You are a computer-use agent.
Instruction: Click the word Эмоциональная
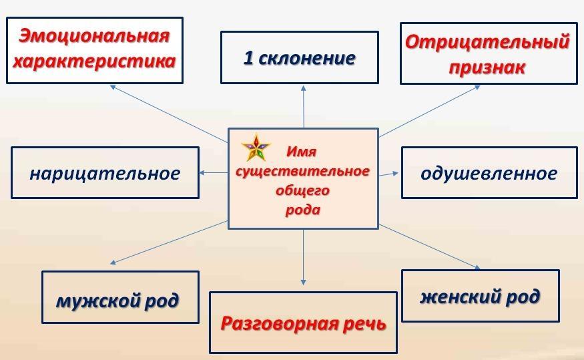[94, 37]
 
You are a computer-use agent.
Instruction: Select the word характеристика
[94, 61]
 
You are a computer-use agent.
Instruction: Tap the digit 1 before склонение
[248, 57]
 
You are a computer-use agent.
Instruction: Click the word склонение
[307, 59]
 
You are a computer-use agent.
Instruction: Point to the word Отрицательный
[487, 41]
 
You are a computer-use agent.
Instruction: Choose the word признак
[487, 67]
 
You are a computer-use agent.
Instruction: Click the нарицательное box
[105, 172]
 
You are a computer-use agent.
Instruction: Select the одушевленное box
[489, 172]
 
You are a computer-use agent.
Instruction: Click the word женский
[459, 297]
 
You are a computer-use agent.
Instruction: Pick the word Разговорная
[279, 323]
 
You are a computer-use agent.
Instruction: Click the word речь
[364, 323]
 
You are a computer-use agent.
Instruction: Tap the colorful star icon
[256, 148]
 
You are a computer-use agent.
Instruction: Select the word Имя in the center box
[301, 152]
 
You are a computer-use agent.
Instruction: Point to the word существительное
[302, 171]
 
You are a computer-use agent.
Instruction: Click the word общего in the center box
[302, 190]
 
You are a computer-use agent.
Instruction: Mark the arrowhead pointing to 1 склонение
[304, 88]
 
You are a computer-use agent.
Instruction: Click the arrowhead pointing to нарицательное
[202, 172]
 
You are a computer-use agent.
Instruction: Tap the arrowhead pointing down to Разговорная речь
[303, 283]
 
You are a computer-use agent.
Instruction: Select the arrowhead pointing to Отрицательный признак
[477, 87]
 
